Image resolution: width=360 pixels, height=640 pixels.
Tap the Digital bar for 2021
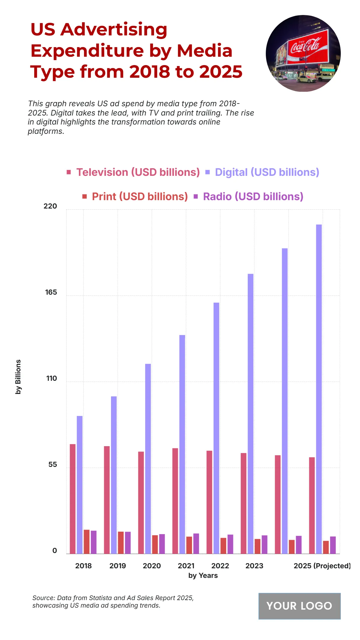click(182, 444)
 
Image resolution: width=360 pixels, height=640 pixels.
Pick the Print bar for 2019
click(121, 542)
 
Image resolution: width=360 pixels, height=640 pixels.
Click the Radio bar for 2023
click(264, 544)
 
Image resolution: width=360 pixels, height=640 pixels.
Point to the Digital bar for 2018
click(79, 485)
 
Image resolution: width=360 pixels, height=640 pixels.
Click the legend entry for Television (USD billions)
click(138, 172)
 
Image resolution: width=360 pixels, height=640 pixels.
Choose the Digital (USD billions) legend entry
click(267, 172)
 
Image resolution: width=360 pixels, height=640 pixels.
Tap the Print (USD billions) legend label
click(139, 197)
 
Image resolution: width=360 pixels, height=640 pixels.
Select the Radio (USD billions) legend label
click(253, 197)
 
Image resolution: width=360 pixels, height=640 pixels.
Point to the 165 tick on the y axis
click(51, 293)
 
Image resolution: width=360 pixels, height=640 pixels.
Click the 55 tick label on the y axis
click(52, 465)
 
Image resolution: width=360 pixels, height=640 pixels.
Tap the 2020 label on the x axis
click(151, 566)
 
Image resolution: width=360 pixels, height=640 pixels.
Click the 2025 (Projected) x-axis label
click(322, 566)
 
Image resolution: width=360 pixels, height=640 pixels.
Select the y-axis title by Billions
click(18, 377)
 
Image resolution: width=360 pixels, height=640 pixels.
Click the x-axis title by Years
click(203, 575)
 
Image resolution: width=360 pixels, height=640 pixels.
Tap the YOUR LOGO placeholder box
click(299, 606)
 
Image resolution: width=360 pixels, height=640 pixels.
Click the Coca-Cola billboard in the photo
click(307, 47)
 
